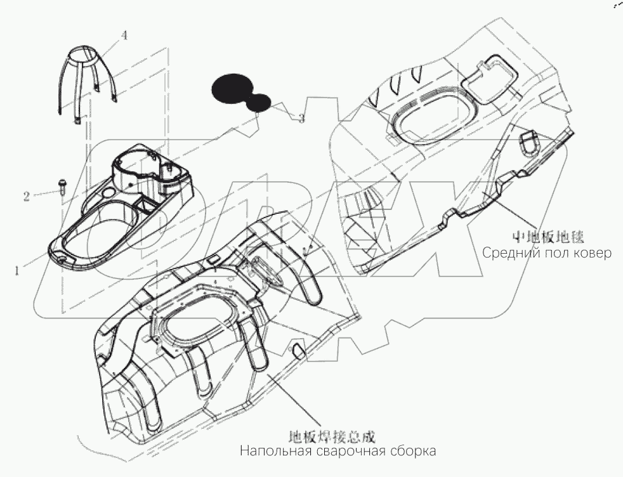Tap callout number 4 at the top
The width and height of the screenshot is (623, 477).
[124, 36]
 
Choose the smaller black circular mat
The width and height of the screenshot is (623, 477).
[260, 103]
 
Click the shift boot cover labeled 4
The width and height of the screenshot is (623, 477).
[87, 79]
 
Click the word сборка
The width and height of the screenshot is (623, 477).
[413, 452]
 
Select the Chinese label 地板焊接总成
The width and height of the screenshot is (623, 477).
[332, 436]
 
